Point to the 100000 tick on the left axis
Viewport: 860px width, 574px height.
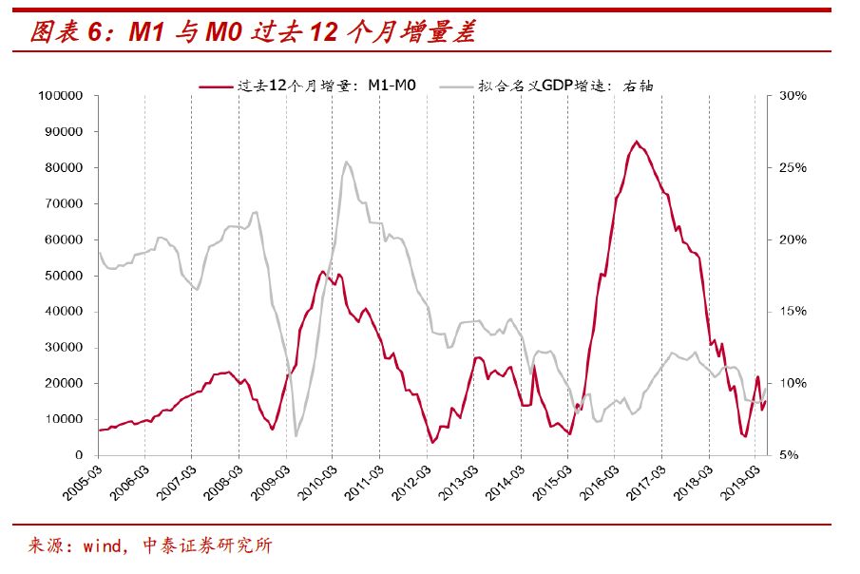tap(64, 96)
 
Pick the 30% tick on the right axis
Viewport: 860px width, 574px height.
tap(793, 96)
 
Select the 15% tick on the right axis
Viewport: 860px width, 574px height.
tap(793, 312)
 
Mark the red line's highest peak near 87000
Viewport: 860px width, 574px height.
tap(636, 142)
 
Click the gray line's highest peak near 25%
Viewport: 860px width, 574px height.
tap(345, 162)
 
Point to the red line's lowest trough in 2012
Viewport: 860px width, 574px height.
tap(432, 442)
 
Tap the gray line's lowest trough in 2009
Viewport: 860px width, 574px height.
tap(296, 436)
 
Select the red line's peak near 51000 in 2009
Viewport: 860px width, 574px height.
tap(323, 272)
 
